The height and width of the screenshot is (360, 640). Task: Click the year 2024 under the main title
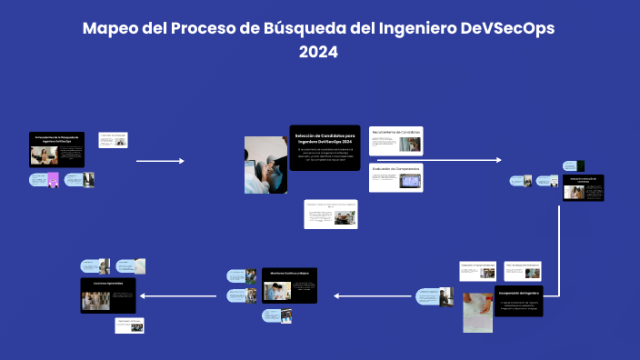click(319, 53)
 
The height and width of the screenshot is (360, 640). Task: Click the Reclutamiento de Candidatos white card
click(396, 140)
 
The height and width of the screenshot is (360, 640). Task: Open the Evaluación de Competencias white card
click(396, 176)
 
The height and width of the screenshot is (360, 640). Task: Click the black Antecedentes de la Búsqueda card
click(58, 150)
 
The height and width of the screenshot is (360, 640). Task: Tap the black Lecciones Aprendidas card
click(108, 295)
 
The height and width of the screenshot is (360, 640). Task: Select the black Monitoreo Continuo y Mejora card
click(289, 286)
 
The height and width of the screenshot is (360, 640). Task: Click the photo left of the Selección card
click(265, 165)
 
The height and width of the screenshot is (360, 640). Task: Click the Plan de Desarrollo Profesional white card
click(523, 271)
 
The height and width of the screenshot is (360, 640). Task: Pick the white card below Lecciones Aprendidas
click(129, 325)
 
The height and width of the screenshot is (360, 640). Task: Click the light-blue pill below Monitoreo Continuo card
click(275, 315)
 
